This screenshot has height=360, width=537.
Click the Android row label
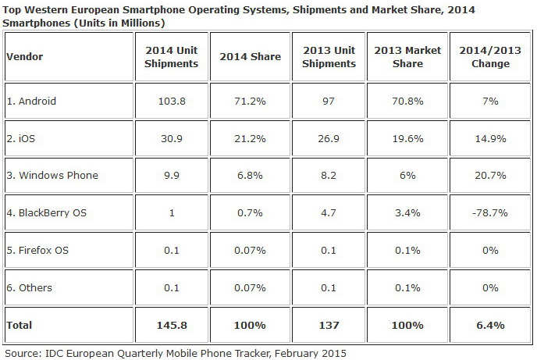point(32,101)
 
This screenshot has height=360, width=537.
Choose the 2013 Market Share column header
point(407,57)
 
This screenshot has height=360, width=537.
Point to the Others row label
point(32,287)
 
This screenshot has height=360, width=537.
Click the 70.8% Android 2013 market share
point(407,101)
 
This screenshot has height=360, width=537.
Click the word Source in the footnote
point(21,352)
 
